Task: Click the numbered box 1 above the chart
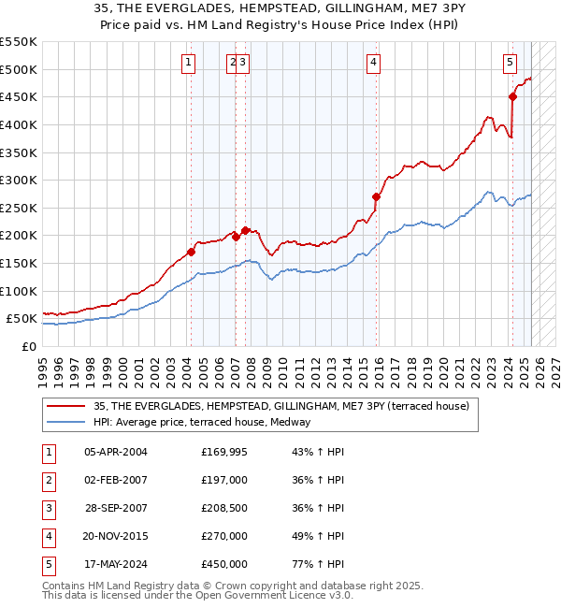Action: [189, 63]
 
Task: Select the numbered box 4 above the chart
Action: [373, 63]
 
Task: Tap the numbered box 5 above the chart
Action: [510, 63]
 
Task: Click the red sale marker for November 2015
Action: [377, 196]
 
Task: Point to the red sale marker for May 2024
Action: [512, 96]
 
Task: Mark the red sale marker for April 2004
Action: [191, 252]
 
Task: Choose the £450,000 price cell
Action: [224, 565]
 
